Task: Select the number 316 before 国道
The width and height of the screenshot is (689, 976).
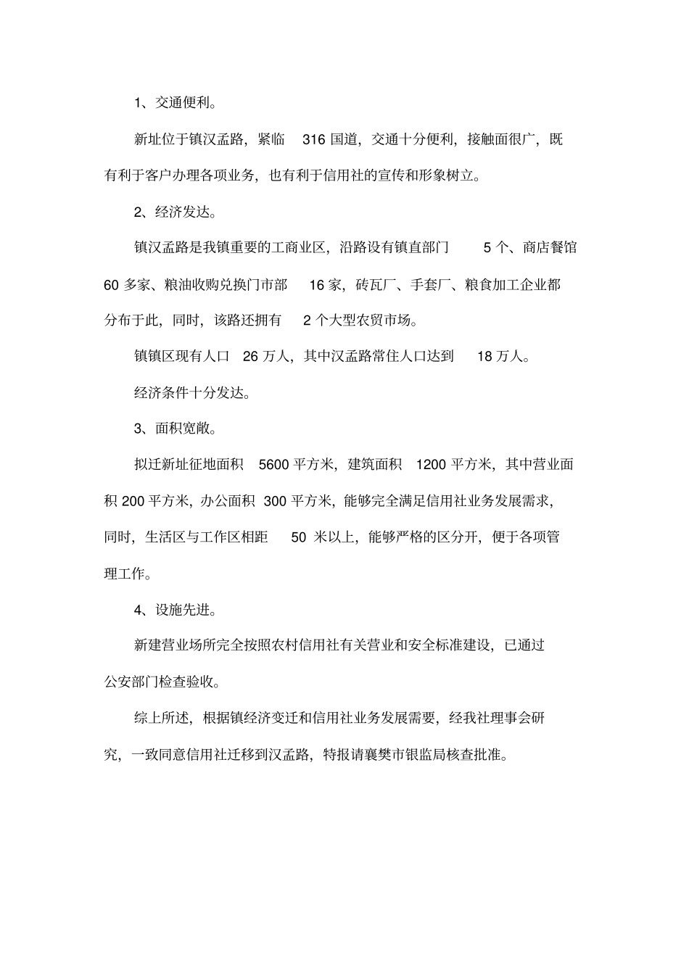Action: click(313, 139)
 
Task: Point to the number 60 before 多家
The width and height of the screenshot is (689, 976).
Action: click(111, 285)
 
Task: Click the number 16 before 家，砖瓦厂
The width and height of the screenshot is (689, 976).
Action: click(317, 285)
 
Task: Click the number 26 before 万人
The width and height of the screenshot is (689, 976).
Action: click(250, 357)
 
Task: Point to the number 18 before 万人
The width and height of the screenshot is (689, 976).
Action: click(485, 357)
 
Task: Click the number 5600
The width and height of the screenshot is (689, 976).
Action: click(274, 465)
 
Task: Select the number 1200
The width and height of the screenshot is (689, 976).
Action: click(431, 465)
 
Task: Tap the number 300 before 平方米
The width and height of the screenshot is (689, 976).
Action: click(276, 500)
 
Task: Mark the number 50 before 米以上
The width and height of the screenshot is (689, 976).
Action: click(299, 537)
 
